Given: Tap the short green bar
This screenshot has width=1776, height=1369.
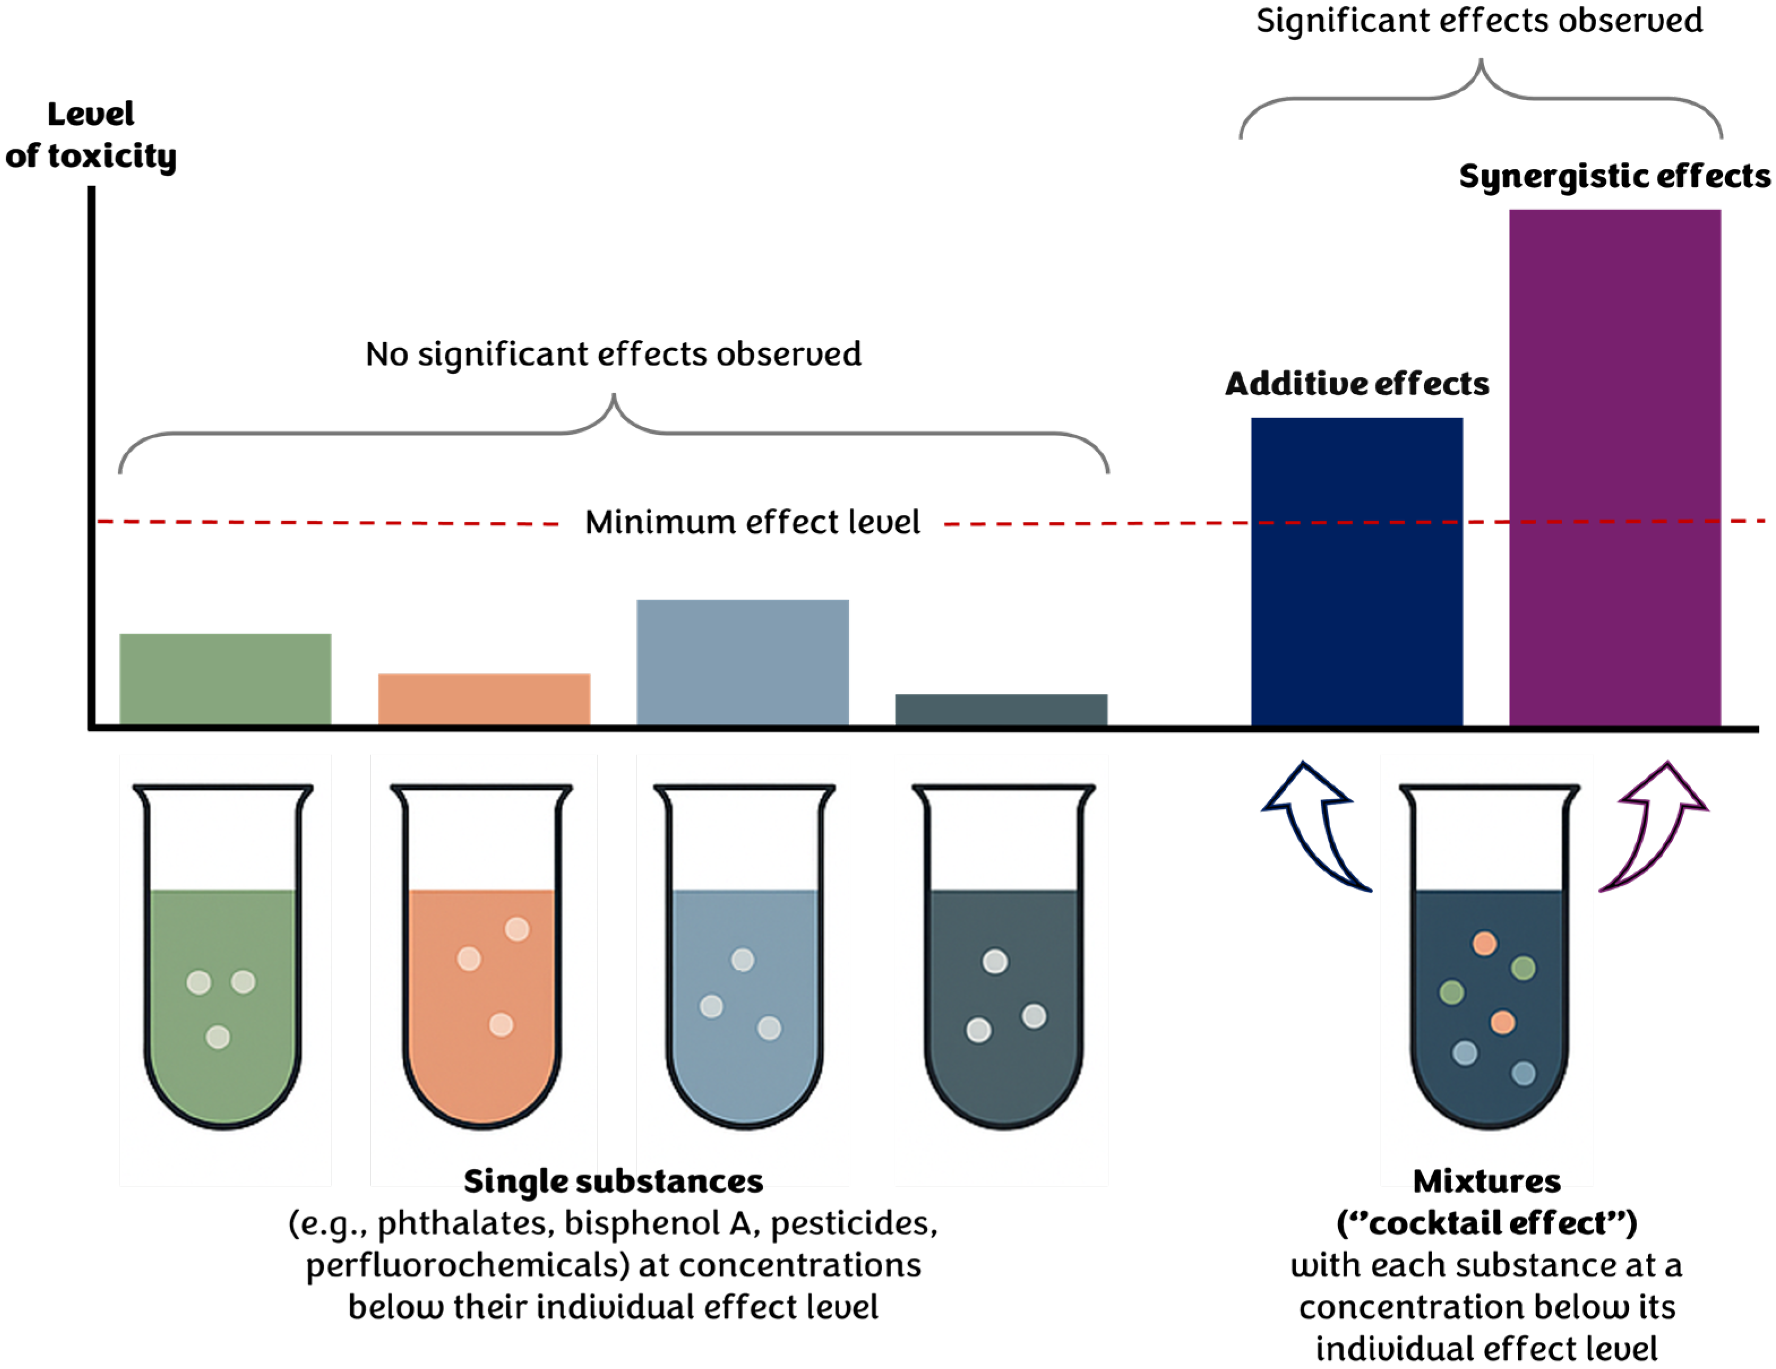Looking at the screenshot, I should (x=225, y=679).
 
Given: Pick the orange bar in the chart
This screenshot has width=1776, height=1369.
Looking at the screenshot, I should (x=484, y=699).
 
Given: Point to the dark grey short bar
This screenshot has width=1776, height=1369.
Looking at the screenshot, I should (x=1001, y=709).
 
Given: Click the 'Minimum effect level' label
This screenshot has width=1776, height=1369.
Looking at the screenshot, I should (x=752, y=522).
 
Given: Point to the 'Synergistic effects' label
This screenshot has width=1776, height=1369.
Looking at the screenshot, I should (x=1614, y=176).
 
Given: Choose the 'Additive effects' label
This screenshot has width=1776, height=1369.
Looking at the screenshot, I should (x=1356, y=384).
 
